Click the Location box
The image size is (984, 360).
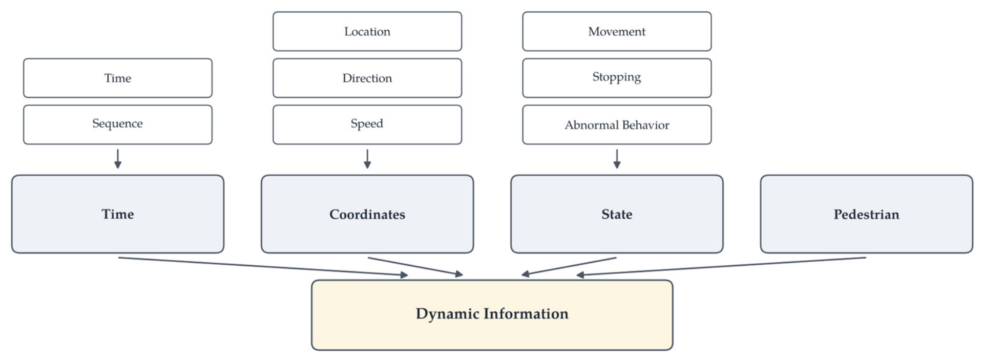point(367,31)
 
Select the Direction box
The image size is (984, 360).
point(367,78)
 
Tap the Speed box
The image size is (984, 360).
point(367,124)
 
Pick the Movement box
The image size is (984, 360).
point(617,31)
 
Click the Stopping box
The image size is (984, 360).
point(617,78)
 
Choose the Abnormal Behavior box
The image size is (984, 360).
point(617,124)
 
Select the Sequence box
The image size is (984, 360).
point(118,124)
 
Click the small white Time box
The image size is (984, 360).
point(118,78)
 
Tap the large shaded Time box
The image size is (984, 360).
point(118,214)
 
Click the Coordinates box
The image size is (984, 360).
point(367,214)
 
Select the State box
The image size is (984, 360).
point(617,214)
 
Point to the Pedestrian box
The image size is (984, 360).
point(866,214)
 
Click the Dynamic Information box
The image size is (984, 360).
point(492,315)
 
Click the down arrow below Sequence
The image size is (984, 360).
point(118,159)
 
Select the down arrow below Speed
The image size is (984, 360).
point(367,159)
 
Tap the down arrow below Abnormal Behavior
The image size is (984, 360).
point(617,159)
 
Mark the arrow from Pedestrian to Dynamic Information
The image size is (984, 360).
point(721,266)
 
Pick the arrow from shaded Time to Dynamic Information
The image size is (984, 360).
point(263,266)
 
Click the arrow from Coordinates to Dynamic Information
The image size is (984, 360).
point(415,266)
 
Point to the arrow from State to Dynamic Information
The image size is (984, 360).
point(569,266)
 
